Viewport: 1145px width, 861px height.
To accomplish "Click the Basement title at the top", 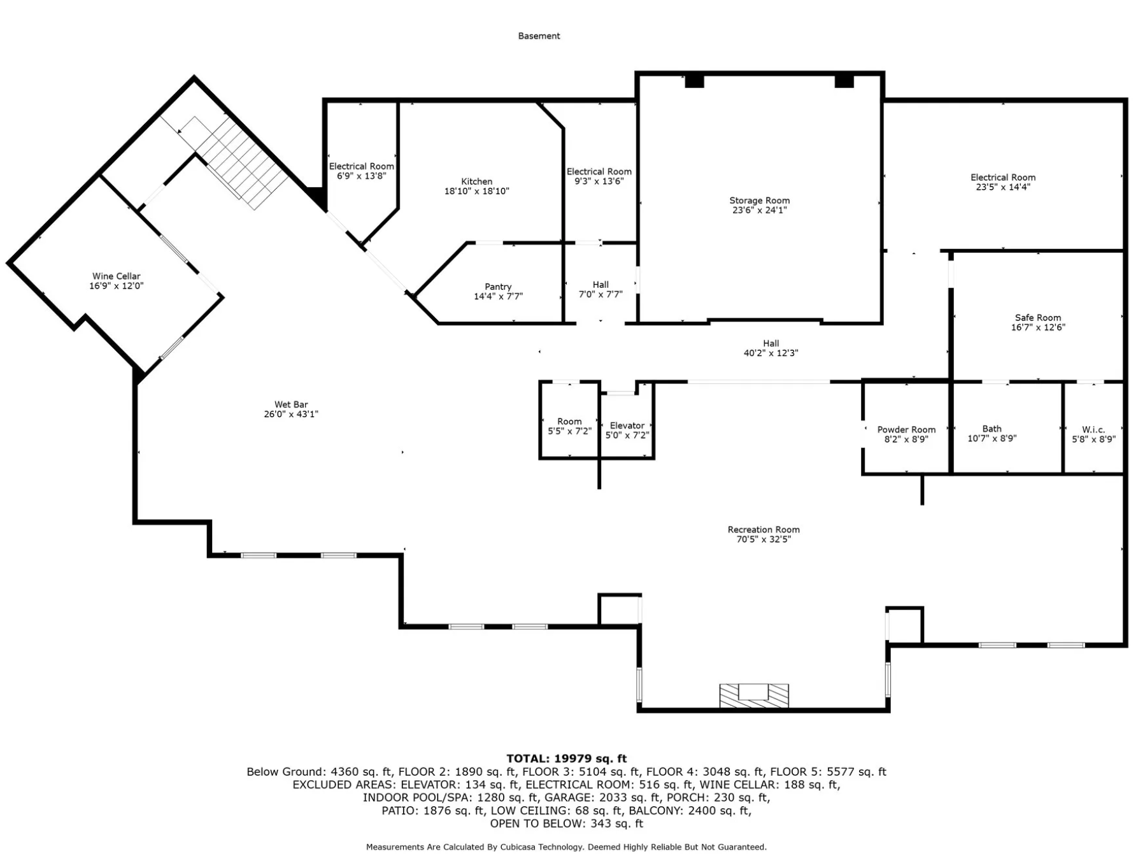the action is [539, 36].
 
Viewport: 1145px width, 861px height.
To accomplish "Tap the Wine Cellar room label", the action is [116, 276].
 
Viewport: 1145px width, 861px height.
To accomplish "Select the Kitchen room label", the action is [476, 181].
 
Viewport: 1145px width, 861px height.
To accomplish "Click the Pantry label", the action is [498, 287].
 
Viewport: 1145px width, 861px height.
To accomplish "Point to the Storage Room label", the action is [759, 201].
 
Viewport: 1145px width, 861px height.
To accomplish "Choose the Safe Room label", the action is [1038, 318].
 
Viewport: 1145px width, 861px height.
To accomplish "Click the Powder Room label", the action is [906, 430].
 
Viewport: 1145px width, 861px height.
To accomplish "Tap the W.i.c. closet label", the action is [1093, 430].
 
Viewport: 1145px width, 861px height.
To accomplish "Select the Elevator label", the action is [627, 426].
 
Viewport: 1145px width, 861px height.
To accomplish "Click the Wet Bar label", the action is [291, 404].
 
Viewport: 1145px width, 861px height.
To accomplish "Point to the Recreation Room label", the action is [764, 530].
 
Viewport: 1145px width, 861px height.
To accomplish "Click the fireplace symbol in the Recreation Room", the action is [754, 695].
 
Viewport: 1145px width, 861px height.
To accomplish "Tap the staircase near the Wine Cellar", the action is [241, 162].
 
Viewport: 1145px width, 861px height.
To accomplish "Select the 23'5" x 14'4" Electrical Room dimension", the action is [1003, 187].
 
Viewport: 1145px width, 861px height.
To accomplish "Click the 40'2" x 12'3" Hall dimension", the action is [771, 353].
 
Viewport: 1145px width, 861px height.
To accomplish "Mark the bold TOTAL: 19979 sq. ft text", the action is [566, 758].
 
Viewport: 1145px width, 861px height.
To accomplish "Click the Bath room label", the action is [992, 429].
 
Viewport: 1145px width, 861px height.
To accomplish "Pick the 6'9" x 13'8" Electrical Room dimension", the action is [362, 176].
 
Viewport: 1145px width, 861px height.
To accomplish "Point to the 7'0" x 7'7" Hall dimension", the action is [600, 294].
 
